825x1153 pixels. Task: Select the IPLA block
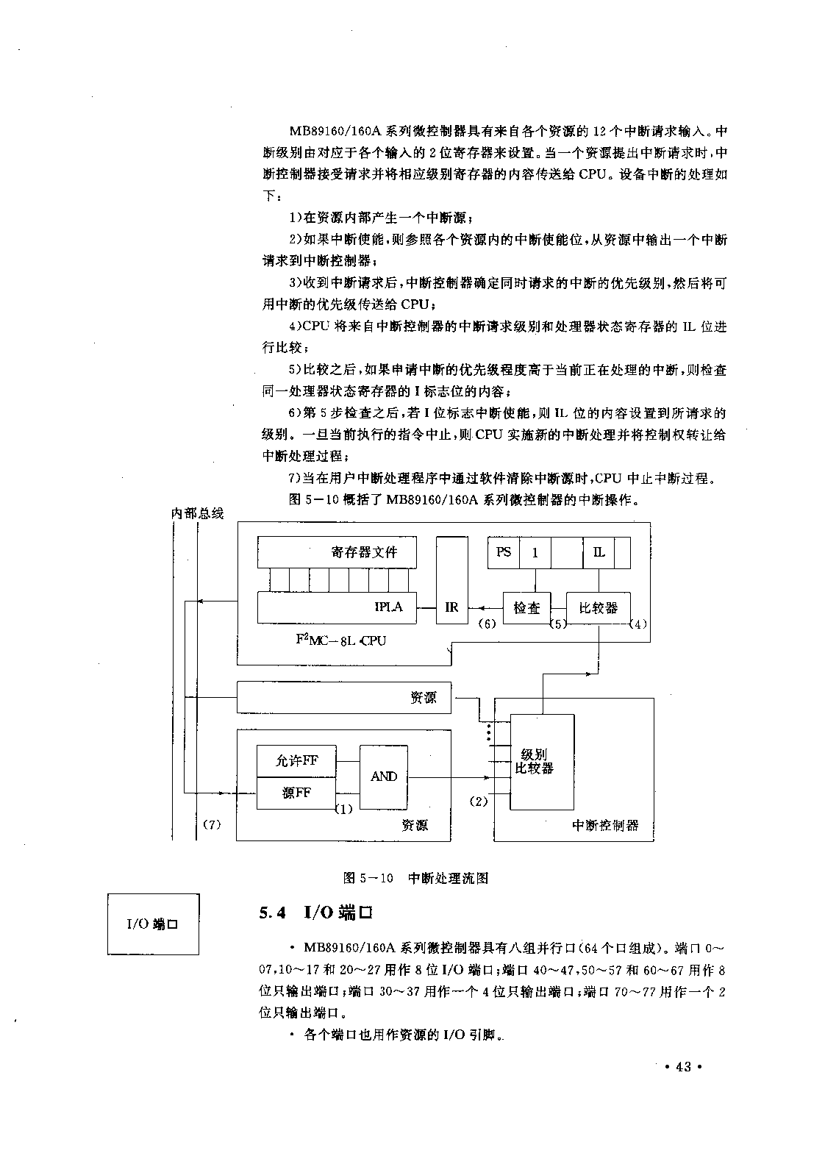[337, 608]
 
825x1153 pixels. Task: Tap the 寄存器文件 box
[337, 552]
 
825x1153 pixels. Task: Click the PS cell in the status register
[504, 553]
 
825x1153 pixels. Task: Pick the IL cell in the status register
[599, 553]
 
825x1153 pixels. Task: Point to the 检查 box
[527, 608]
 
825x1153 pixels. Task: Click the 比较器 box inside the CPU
[598, 608]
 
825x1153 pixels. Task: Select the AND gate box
[383, 777]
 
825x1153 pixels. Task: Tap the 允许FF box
[296, 761]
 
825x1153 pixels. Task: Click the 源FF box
[296, 793]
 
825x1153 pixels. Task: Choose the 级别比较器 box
[542, 762]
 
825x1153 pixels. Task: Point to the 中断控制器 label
[604, 825]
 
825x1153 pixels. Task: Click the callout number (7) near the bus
[212, 824]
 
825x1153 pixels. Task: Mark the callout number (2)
[479, 801]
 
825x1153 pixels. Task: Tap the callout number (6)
[486, 624]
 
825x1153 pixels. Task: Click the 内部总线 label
[198, 513]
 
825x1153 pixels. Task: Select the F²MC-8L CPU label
[340, 640]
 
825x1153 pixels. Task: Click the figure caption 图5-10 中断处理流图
[416, 878]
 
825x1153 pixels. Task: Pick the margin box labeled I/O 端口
[154, 924]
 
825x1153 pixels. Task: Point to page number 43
[684, 1067]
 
